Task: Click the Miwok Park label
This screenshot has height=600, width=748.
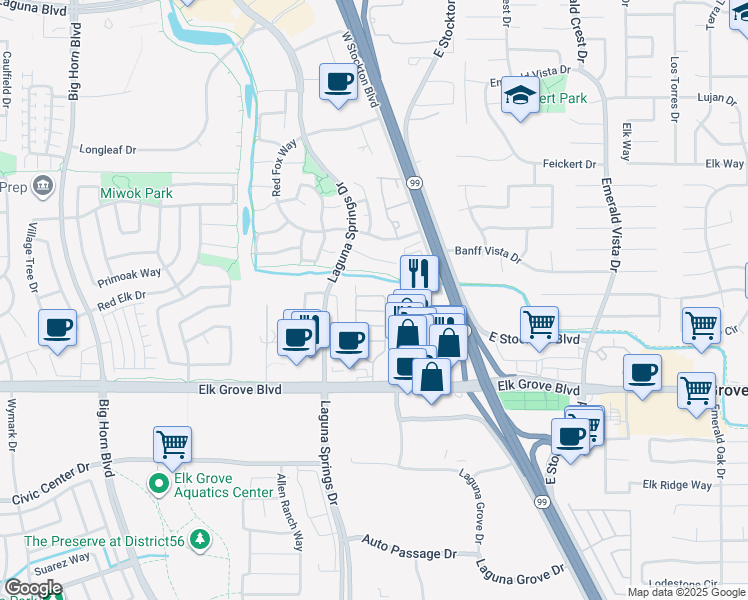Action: pos(136,193)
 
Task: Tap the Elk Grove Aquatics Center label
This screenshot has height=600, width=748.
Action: pos(223,492)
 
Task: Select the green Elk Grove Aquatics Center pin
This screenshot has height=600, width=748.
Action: pos(158,485)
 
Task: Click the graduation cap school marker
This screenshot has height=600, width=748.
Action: pos(520,94)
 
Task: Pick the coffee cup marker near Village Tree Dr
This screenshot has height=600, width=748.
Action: pos(58,327)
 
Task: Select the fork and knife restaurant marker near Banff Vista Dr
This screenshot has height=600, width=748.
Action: pos(419,272)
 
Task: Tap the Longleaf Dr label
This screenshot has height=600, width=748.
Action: pos(107,149)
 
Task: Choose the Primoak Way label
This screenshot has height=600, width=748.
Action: pos(129,273)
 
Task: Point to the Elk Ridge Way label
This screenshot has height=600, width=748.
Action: pos(677,485)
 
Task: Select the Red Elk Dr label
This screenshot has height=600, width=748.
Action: pos(121,296)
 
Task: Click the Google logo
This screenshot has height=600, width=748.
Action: pos(33,588)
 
